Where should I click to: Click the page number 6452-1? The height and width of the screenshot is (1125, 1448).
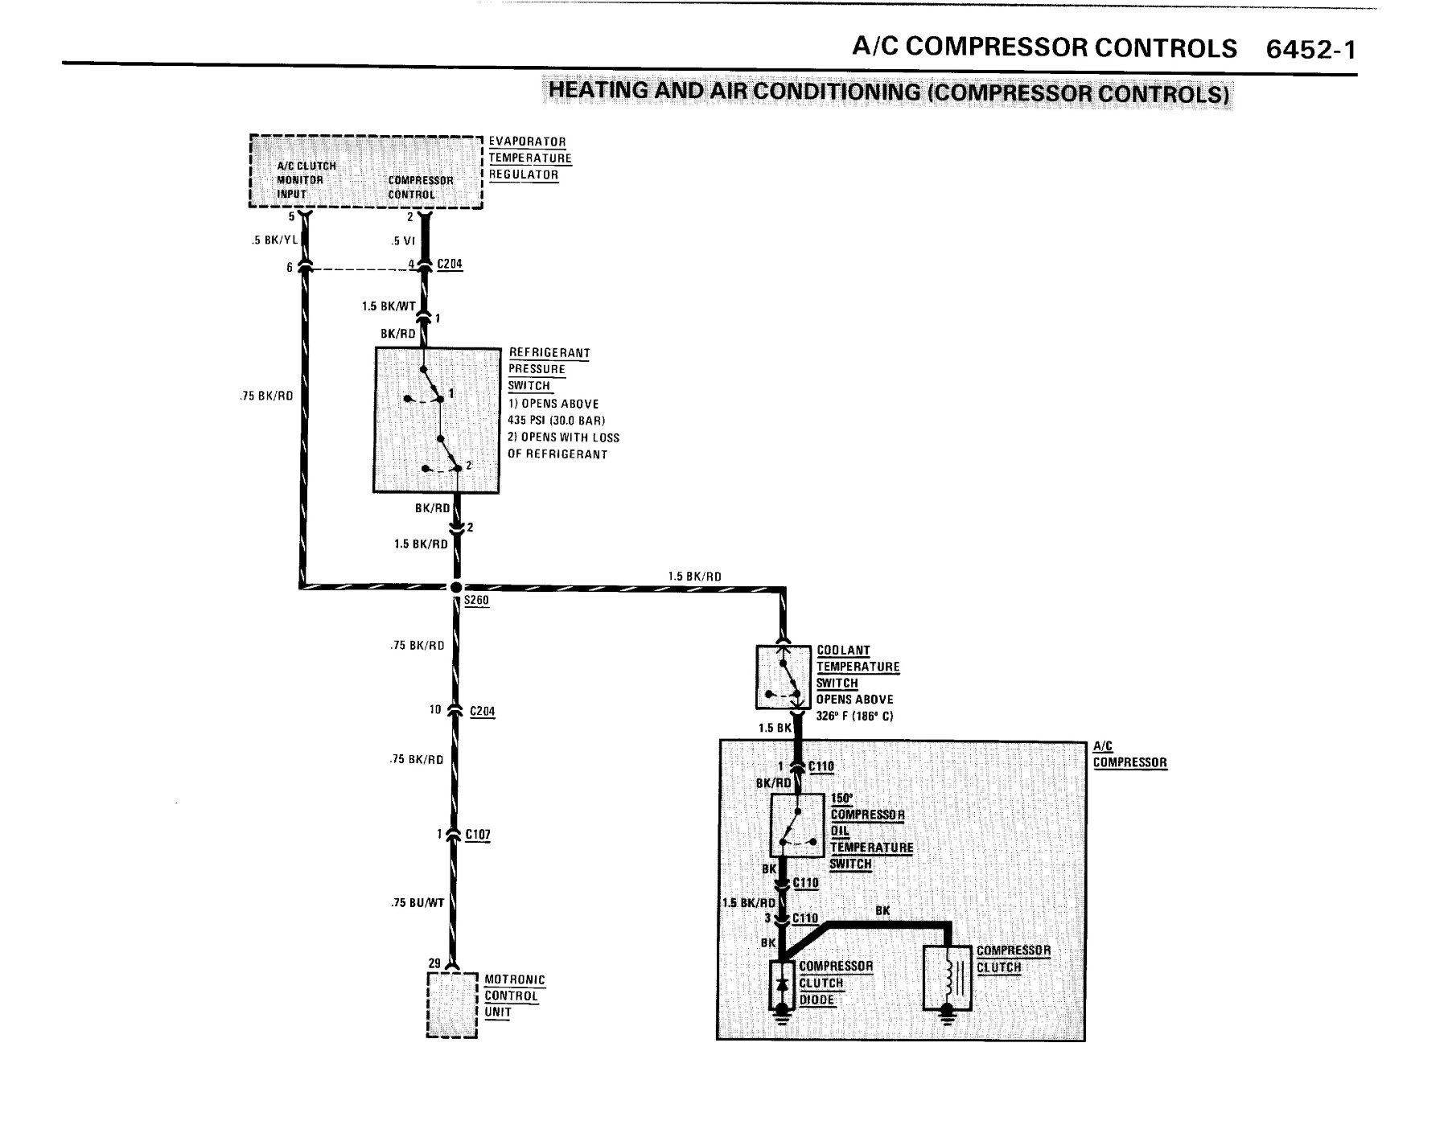click(x=1310, y=49)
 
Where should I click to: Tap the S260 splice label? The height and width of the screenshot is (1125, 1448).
click(x=476, y=601)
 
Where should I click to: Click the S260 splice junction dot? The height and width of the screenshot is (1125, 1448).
click(x=455, y=587)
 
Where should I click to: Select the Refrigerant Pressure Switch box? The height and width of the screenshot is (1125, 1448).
click(x=437, y=420)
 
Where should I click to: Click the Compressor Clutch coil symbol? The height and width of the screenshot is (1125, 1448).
click(x=947, y=977)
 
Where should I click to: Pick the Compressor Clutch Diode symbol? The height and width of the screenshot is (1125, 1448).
click(x=781, y=985)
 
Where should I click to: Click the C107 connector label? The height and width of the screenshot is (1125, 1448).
click(x=478, y=835)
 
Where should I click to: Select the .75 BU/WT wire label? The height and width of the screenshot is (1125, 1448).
click(x=418, y=903)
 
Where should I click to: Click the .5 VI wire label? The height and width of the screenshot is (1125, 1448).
click(x=403, y=240)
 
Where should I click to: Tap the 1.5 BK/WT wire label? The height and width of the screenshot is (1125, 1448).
click(x=389, y=306)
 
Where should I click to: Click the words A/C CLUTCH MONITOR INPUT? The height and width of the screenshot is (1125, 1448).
click(x=306, y=180)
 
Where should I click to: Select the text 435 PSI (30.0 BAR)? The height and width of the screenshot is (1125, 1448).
click(x=557, y=421)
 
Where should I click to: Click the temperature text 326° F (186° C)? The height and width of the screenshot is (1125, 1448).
click(x=855, y=716)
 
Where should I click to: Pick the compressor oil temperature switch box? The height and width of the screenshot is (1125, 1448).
click(x=796, y=825)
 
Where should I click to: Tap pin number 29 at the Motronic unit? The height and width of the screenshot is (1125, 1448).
click(x=434, y=963)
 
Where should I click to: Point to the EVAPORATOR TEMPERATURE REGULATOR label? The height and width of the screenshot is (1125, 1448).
click(x=530, y=158)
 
